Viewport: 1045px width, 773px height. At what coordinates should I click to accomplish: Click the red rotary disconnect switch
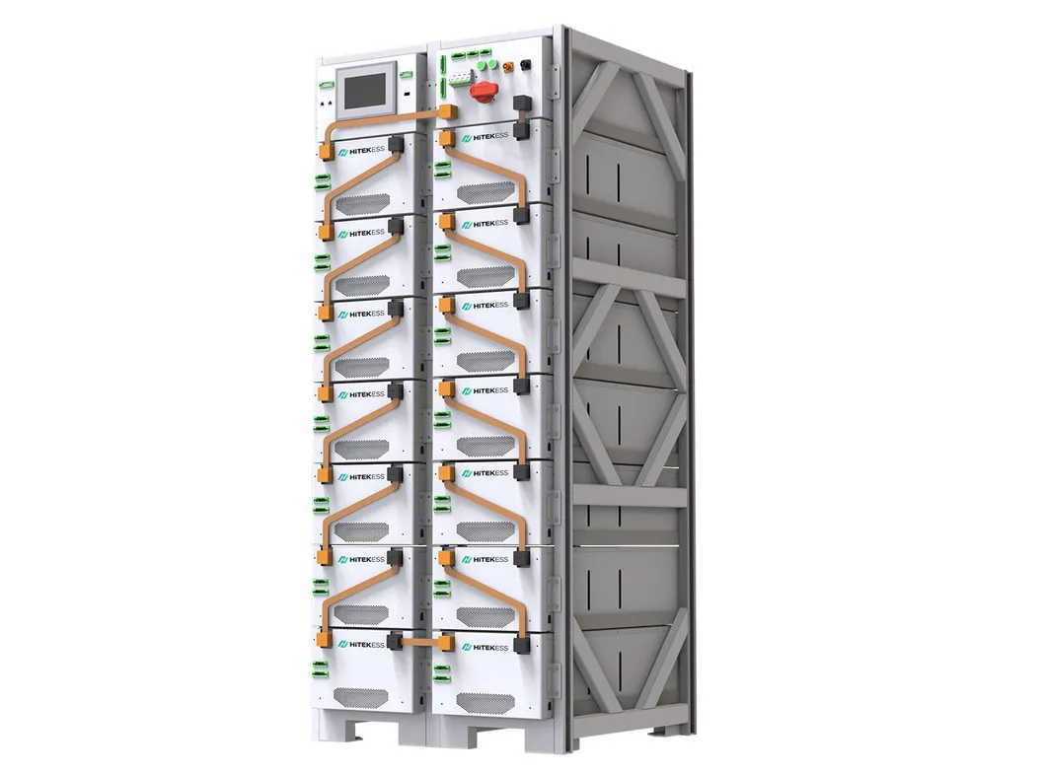[485, 92]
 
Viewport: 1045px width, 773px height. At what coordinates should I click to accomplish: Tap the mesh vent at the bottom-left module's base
[363, 697]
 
